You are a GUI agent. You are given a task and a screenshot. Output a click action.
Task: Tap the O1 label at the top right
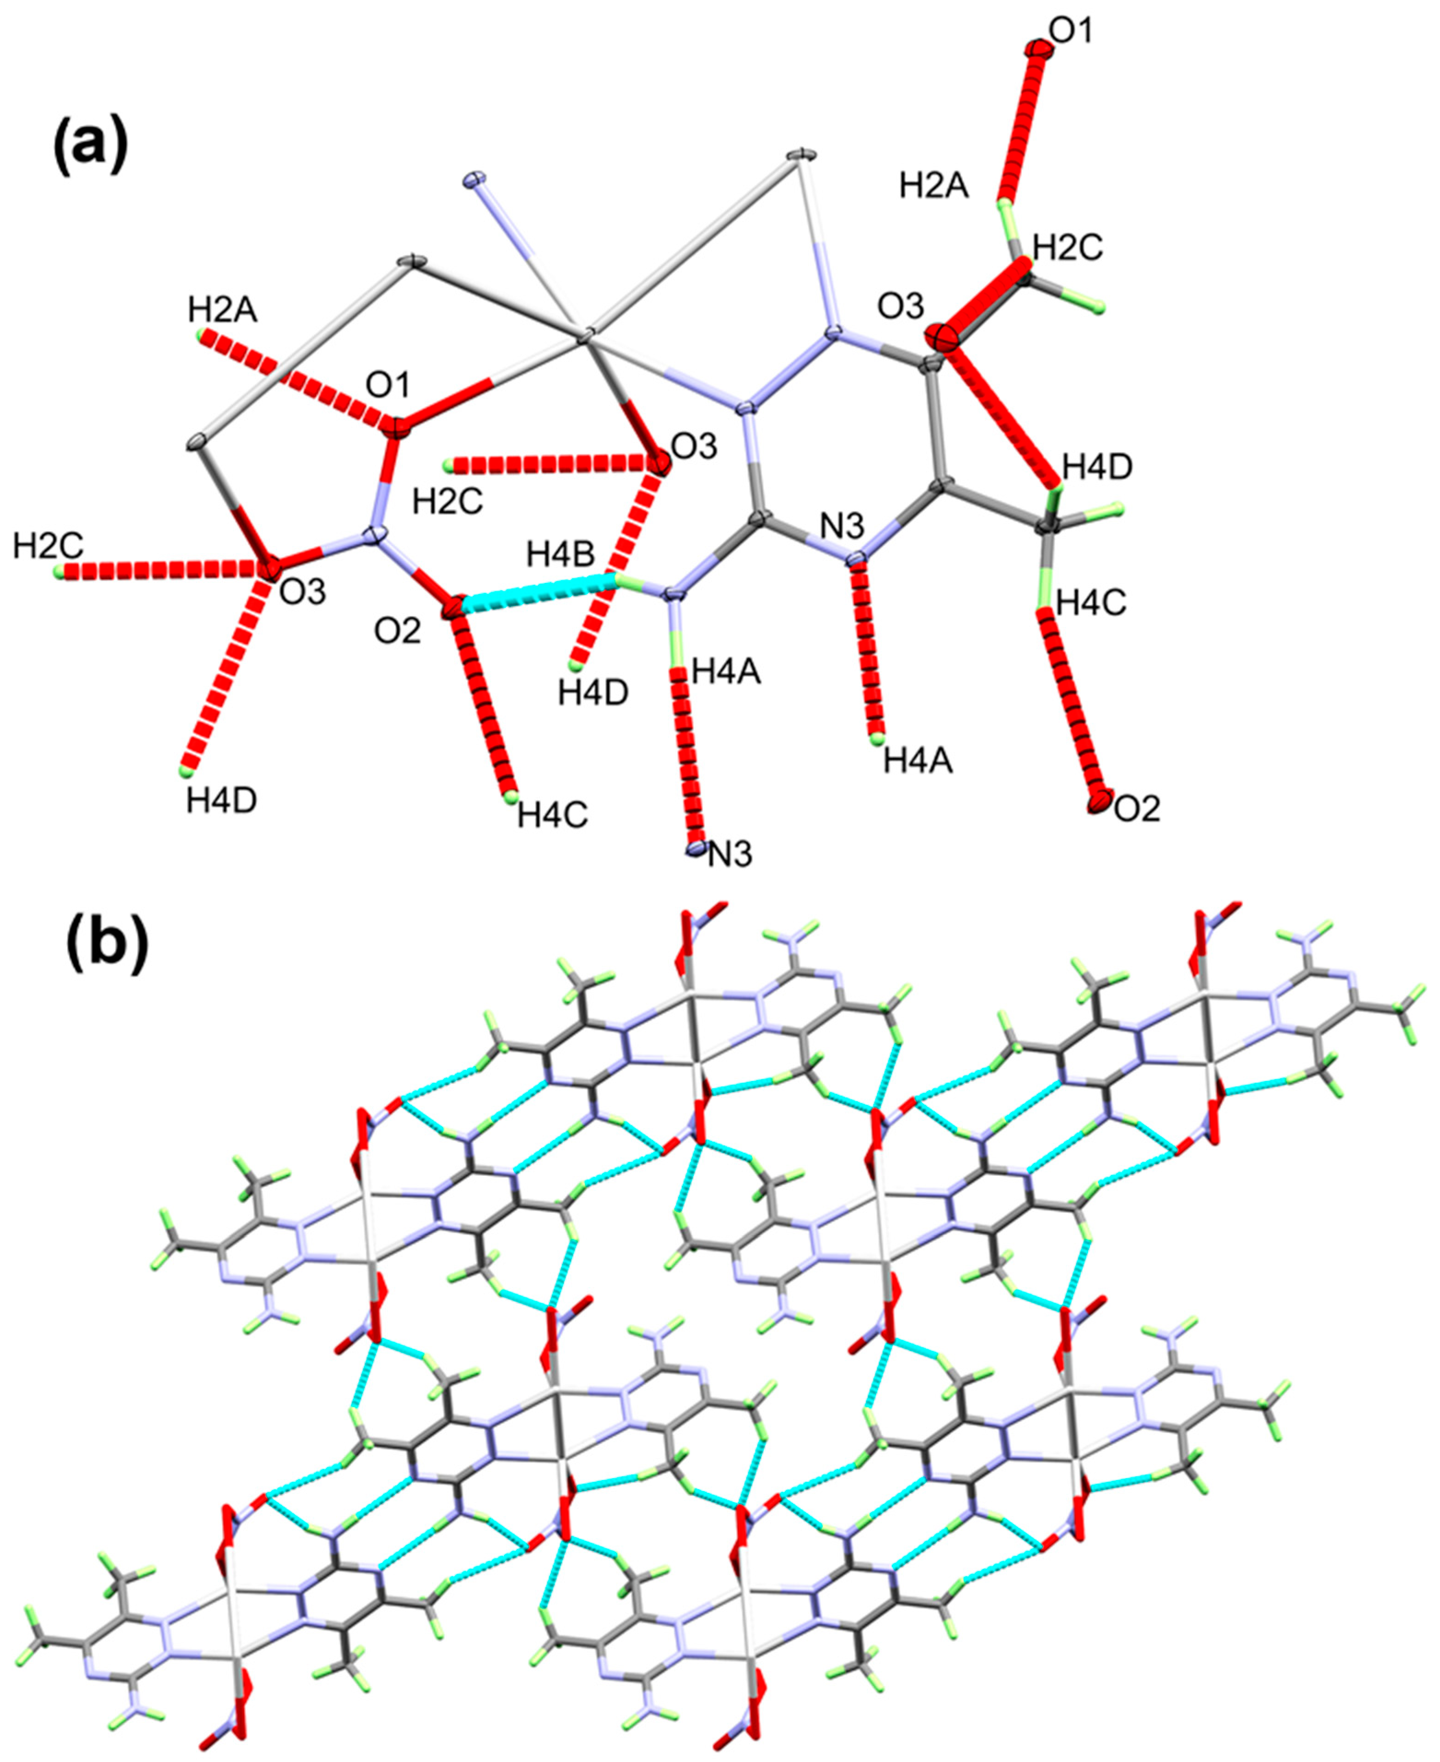point(1071,31)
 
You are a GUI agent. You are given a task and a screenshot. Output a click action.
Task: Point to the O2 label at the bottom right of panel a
point(1136,808)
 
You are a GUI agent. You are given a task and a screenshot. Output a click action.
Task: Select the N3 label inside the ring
point(842,526)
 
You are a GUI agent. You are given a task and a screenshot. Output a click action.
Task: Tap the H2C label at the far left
point(48,546)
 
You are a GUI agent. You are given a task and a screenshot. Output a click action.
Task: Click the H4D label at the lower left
point(221,801)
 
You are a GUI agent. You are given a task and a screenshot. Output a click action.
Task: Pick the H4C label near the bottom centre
point(552,816)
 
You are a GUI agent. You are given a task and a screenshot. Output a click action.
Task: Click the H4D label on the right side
point(1097,467)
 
